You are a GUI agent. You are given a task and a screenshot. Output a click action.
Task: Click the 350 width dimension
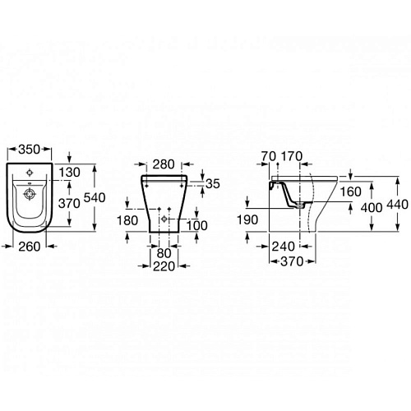click(x=30, y=150)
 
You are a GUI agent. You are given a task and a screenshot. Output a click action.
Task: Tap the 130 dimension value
click(x=70, y=173)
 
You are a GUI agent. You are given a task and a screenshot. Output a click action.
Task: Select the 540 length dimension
click(x=95, y=197)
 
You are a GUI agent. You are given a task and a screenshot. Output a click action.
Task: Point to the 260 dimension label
click(x=30, y=247)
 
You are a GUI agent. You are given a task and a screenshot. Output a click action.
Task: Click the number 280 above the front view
click(x=164, y=164)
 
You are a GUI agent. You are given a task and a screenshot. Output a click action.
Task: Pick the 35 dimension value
click(x=213, y=184)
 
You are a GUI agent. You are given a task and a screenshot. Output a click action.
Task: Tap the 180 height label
click(x=127, y=220)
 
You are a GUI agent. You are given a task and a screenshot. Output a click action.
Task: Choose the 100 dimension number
click(x=197, y=226)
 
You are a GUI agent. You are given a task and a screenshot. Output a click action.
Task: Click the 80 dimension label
click(x=164, y=253)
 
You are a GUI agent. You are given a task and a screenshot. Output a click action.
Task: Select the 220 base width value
click(x=164, y=266)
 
